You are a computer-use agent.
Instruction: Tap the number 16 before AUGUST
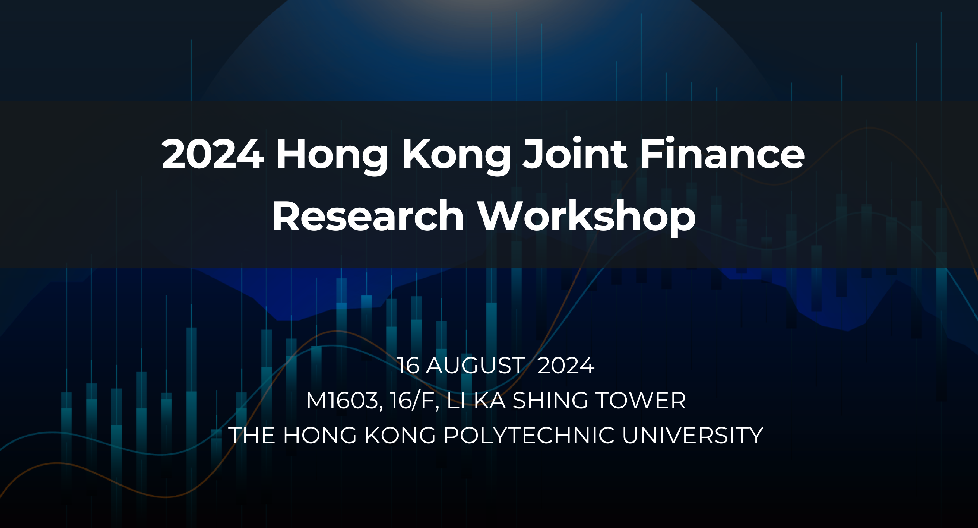point(408,366)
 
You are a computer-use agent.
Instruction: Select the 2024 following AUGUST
point(566,366)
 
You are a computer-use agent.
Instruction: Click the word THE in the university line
point(252,435)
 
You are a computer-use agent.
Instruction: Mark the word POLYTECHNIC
point(529,435)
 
